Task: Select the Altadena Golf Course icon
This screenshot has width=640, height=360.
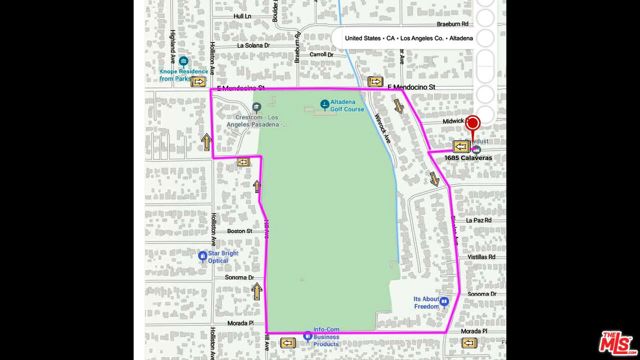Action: click(323, 105)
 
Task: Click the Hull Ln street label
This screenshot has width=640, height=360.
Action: click(241, 16)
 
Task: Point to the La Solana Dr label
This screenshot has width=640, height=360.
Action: click(254, 45)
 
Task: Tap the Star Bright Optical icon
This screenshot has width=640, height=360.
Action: click(202, 255)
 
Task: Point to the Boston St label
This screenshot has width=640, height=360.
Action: click(239, 231)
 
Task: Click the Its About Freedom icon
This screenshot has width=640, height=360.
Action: click(443, 301)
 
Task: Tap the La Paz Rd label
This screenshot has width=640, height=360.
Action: click(481, 219)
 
